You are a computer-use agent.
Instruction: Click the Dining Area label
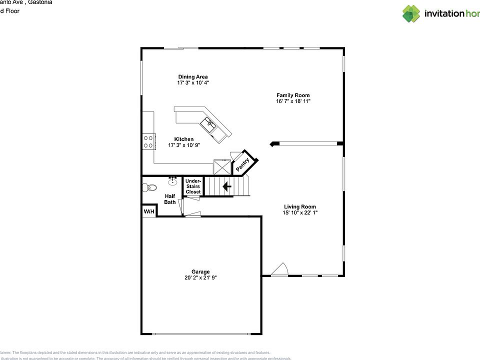(x=192, y=76)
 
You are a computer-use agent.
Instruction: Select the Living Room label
(x=300, y=206)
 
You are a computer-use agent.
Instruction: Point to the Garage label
(x=200, y=271)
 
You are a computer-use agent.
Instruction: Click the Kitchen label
(x=183, y=139)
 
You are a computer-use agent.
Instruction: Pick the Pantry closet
(x=243, y=163)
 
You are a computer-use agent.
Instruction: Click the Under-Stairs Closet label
(x=193, y=186)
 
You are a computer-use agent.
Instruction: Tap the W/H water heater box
(x=149, y=212)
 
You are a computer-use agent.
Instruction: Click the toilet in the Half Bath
(x=147, y=188)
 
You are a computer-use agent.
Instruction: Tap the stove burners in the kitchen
(x=148, y=141)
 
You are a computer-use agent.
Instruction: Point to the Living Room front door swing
(x=280, y=270)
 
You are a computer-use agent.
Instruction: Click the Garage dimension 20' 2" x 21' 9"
(x=200, y=278)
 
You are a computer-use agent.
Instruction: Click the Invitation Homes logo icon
(x=411, y=13)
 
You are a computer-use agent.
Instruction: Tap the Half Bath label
(x=170, y=199)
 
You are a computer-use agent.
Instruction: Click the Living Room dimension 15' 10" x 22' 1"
(x=300, y=213)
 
